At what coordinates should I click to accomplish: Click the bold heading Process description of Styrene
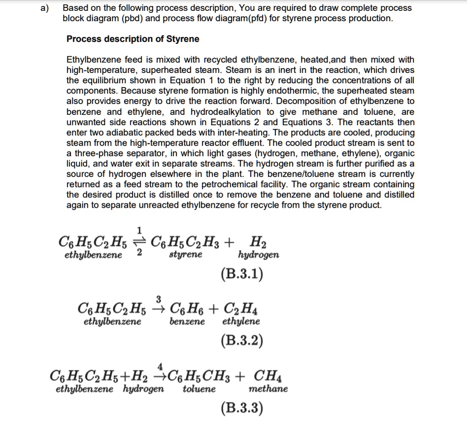point(133,39)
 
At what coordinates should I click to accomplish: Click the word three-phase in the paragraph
point(94,153)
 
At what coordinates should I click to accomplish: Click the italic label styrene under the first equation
point(185,255)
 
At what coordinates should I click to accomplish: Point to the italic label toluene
point(199,389)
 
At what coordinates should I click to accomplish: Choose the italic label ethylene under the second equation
point(241,322)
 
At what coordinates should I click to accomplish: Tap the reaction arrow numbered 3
point(159,309)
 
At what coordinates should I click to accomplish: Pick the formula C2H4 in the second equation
point(242,310)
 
